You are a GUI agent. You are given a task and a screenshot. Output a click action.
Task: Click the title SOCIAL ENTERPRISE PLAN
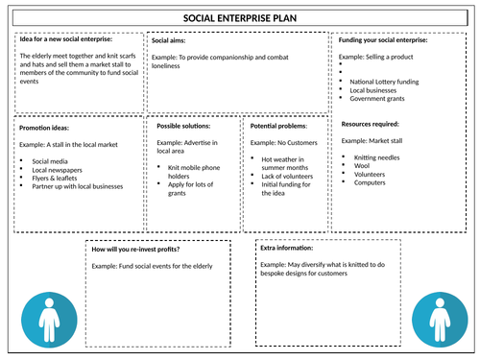(x=240, y=18)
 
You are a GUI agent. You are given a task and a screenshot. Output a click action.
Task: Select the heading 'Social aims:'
(x=168, y=40)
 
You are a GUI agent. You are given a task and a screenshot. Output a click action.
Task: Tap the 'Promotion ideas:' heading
(x=44, y=128)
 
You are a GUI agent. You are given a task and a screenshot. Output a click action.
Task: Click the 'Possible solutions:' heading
(x=183, y=126)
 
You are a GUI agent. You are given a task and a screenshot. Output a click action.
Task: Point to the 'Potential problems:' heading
(x=278, y=126)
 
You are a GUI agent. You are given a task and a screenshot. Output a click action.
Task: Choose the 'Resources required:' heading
(x=370, y=124)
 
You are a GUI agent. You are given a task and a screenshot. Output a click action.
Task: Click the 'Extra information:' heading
(x=287, y=248)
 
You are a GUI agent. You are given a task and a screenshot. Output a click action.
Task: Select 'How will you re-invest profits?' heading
(x=135, y=250)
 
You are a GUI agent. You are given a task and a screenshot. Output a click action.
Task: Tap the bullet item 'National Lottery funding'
(x=384, y=82)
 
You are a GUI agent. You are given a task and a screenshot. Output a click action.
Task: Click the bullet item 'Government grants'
(x=377, y=99)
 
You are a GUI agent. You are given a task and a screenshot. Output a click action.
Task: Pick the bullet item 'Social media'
(x=50, y=161)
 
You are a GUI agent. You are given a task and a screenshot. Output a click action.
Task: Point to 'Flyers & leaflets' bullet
(x=55, y=179)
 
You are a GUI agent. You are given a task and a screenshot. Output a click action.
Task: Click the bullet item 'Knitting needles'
(x=376, y=157)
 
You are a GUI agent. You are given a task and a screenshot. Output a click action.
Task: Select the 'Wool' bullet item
(x=362, y=166)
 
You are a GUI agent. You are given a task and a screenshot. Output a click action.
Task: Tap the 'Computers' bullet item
(x=370, y=182)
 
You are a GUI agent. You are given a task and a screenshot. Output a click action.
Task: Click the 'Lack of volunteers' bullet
(x=287, y=177)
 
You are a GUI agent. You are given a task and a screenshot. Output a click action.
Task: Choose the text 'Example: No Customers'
(x=283, y=143)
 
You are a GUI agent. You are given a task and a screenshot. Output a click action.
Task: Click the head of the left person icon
(x=49, y=302)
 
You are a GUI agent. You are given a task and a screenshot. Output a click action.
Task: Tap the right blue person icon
(x=440, y=320)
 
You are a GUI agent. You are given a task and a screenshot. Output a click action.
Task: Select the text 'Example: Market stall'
(x=372, y=141)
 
